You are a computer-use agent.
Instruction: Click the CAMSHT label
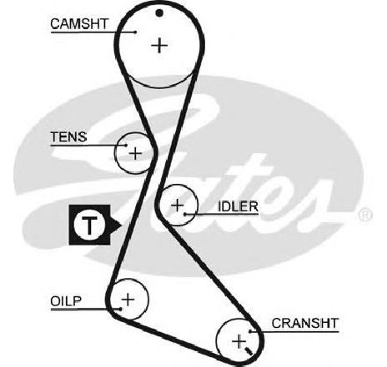point(79,24)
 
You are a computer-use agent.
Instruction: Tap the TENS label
point(68,136)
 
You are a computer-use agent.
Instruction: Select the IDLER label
point(238,206)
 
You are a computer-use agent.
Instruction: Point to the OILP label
point(66,301)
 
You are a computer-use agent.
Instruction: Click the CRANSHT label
point(305,323)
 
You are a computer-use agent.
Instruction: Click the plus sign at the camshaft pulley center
point(159,45)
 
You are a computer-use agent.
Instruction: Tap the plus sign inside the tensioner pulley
point(135,153)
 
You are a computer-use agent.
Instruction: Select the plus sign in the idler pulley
point(178,206)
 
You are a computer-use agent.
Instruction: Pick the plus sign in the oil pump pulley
point(128,300)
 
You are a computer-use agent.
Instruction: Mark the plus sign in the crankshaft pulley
point(239,341)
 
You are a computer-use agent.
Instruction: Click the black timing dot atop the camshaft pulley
point(159,12)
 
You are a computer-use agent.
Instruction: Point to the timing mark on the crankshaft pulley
point(249,351)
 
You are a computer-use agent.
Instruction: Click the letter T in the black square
point(89,225)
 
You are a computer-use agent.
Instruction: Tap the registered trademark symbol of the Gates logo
point(365,216)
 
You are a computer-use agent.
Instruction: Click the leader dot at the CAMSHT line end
point(135,32)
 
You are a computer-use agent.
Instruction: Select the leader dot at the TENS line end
point(126,145)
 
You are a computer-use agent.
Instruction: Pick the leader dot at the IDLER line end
point(185,214)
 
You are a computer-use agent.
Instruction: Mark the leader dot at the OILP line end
point(120,309)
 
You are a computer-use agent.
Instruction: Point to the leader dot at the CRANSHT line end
point(250,331)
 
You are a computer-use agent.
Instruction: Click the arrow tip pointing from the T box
point(122,225)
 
